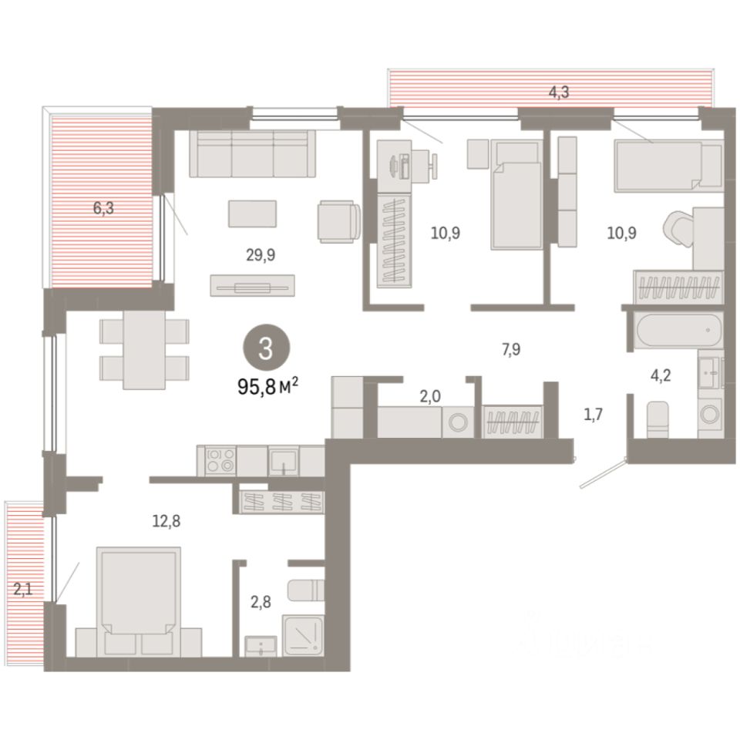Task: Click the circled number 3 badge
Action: tap(266, 348)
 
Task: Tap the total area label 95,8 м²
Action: tap(267, 387)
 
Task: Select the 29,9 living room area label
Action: tap(261, 255)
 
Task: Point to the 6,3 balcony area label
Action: tap(103, 207)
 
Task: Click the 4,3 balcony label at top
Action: tap(559, 92)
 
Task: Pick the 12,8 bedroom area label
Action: tap(166, 521)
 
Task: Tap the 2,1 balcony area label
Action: tap(22, 589)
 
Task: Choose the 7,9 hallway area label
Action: tap(511, 349)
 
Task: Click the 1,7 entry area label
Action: tap(594, 415)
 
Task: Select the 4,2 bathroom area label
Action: tap(661, 375)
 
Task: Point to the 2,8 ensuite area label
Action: tap(261, 602)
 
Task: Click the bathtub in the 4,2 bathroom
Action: tap(678, 331)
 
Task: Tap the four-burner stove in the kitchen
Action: tap(221, 461)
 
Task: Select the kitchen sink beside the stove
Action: tap(283, 461)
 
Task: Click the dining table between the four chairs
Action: tap(144, 350)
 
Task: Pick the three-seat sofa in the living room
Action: tap(253, 154)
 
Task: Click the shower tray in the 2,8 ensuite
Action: tap(303, 635)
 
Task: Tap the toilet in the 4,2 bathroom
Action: tap(658, 419)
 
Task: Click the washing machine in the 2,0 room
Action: tap(458, 422)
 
